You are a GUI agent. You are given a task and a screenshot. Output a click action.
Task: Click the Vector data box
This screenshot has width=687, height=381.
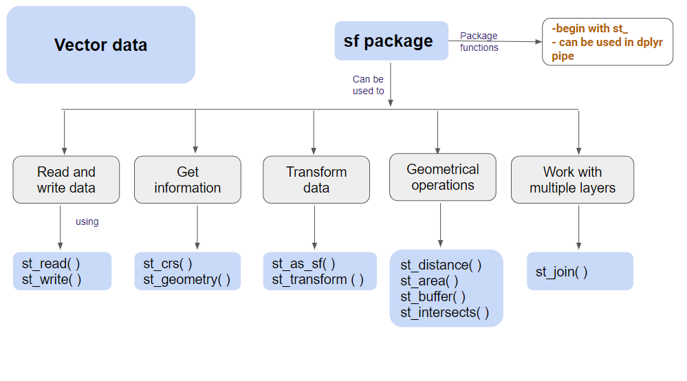(x=100, y=45)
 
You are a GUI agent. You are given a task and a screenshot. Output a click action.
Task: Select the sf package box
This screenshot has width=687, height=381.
(x=391, y=41)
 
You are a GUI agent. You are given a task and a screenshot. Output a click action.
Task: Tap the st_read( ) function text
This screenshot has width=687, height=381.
(x=51, y=263)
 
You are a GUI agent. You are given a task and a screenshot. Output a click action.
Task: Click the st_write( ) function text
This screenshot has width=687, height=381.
(x=52, y=279)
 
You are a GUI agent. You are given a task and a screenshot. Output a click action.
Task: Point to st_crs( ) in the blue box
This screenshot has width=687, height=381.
(x=167, y=263)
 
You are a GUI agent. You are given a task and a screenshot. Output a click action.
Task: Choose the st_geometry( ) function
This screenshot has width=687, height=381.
(x=186, y=280)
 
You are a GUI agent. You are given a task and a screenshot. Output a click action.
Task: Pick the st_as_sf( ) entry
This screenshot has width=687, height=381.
(x=303, y=263)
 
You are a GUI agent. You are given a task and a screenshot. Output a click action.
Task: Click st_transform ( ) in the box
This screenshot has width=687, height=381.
(x=317, y=280)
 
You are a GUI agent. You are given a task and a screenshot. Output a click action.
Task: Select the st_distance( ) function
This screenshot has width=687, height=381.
(x=441, y=265)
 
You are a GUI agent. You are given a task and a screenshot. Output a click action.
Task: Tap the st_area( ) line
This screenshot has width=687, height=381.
(x=429, y=281)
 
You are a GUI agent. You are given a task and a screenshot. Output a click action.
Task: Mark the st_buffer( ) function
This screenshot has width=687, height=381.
(x=433, y=297)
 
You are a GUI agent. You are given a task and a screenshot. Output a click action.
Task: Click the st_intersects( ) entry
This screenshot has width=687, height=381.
(x=444, y=313)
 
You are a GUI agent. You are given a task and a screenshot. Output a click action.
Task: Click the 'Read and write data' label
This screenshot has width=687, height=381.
(x=66, y=179)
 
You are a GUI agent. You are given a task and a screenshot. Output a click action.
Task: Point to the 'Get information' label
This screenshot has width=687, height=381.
(x=188, y=179)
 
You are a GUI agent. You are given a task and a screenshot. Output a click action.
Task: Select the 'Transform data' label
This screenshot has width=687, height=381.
(x=316, y=179)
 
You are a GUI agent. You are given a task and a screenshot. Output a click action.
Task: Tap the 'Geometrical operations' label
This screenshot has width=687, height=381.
(x=443, y=177)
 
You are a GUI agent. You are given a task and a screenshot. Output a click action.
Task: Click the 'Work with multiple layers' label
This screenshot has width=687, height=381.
(x=572, y=179)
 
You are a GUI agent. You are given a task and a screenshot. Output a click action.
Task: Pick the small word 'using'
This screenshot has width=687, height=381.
(x=87, y=222)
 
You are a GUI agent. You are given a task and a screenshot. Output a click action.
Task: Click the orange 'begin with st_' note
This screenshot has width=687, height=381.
(x=590, y=29)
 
